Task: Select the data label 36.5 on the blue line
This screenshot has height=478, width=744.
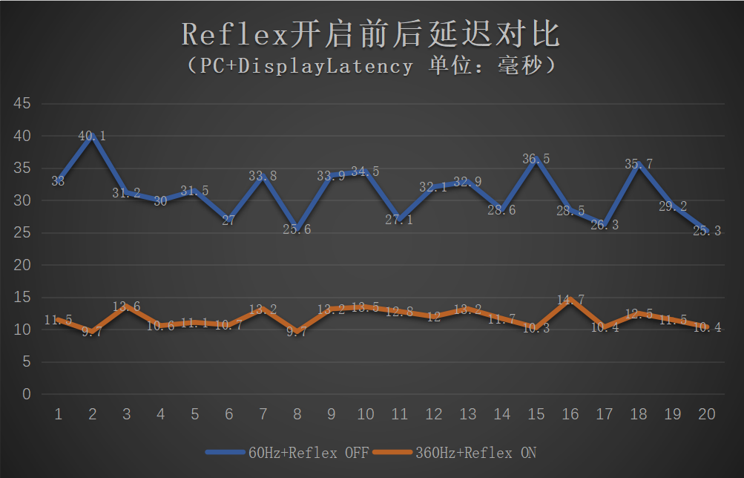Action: pyautogui.click(x=536, y=159)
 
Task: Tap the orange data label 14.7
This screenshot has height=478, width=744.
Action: pyautogui.click(x=570, y=300)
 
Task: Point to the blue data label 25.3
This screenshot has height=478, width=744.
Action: pyautogui.click(x=707, y=231)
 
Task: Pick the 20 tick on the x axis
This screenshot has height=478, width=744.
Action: pyautogui.click(x=707, y=414)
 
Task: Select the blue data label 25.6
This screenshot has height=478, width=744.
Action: pyautogui.click(x=297, y=229)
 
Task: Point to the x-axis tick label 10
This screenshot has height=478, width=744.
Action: pyautogui.click(x=366, y=414)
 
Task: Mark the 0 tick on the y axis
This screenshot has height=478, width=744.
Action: pyautogui.click(x=27, y=394)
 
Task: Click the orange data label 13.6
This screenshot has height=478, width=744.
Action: pyautogui.click(x=127, y=307)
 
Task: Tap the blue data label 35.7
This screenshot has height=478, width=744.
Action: pyautogui.click(x=639, y=164)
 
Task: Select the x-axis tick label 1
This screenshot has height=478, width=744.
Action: pyautogui.click(x=59, y=414)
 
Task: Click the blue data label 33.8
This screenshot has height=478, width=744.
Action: pyautogui.click(x=263, y=176)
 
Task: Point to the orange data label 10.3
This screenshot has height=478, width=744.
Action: pyautogui.click(x=536, y=328)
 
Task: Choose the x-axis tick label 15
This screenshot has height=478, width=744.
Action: pyautogui.click(x=536, y=414)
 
